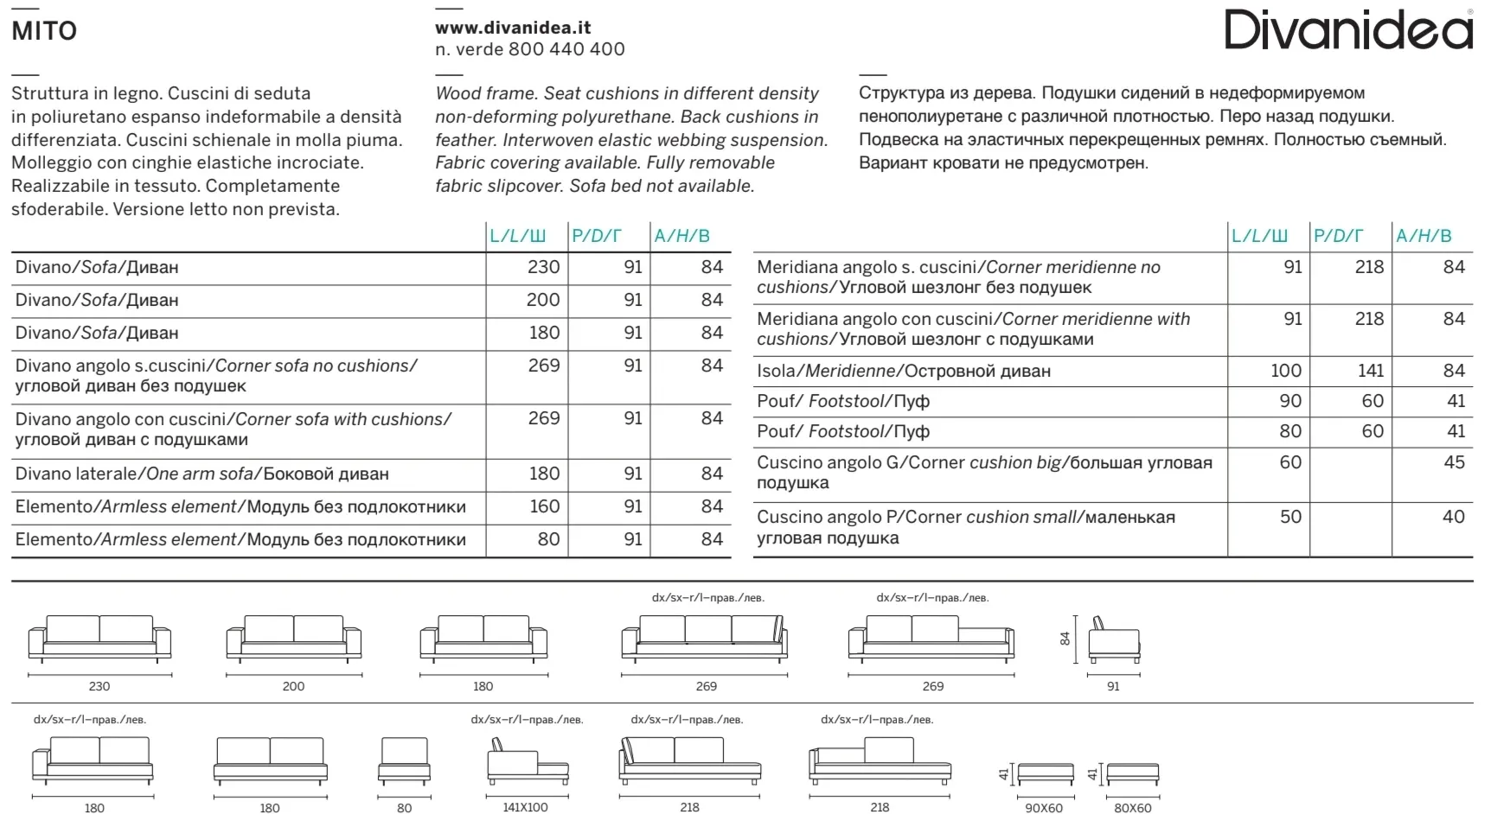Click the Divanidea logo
pyautogui.click(x=1348, y=29)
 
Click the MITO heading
pyautogui.click(x=44, y=31)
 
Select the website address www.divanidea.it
pyautogui.click(x=513, y=28)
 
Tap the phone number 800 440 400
pyautogui.click(x=566, y=49)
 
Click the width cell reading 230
pyautogui.click(x=543, y=267)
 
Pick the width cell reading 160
pyautogui.click(x=544, y=506)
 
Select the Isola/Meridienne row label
pyautogui.click(x=903, y=371)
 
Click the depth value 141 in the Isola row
pyautogui.click(x=1370, y=371)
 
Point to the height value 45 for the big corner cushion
pyautogui.click(x=1454, y=462)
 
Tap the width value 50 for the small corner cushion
pyautogui.click(x=1290, y=517)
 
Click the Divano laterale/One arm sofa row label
pyautogui.click(x=202, y=474)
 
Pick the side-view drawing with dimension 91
pyautogui.click(x=1113, y=641)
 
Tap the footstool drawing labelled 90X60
pyautogui.click(x=1044, y=774)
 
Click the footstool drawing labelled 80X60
pyautogui.click(x=1132, y=774)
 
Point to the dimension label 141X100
pyautogui.click(x=525, y=807)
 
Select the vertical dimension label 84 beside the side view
pyautogui.click(x=1065, y=639)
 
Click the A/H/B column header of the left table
pyautogui.click(x=681, y=236)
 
